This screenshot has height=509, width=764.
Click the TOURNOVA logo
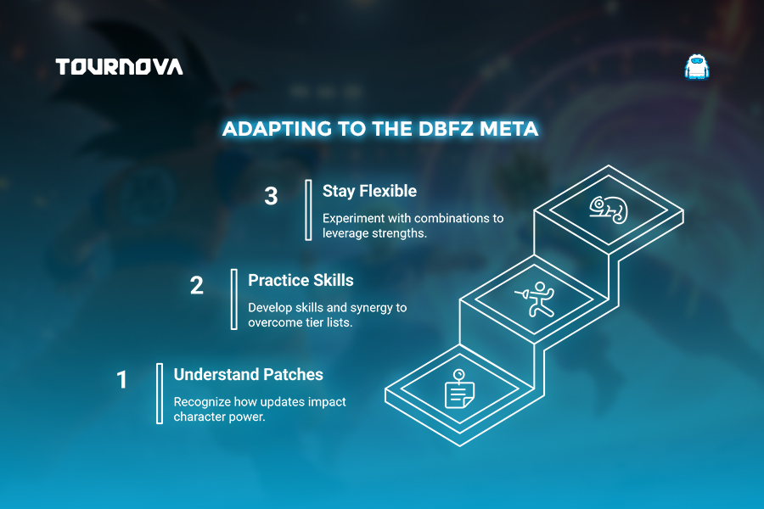(120, 67)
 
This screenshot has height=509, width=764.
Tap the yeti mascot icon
(697, 67)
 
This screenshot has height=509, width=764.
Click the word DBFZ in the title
(446, 129)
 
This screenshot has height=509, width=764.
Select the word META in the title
(509, 129)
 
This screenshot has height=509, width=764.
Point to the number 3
(271, 196)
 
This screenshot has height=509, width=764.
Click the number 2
(196, 285)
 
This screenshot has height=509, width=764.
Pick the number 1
(121, 380)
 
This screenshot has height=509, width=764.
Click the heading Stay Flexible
(369, 191)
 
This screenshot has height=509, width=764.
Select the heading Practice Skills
(301, 280)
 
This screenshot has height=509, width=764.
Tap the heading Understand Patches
(249, 374)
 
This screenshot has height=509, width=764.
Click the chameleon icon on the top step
(609, 210)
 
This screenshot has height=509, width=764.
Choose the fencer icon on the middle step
(535, 299)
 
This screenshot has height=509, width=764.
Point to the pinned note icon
(459, 389)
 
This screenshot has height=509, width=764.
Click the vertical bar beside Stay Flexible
(308, 210)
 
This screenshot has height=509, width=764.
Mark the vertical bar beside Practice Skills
(234, 299)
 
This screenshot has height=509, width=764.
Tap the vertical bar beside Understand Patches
(160, 394)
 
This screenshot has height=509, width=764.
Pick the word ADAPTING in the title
(278, 129)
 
